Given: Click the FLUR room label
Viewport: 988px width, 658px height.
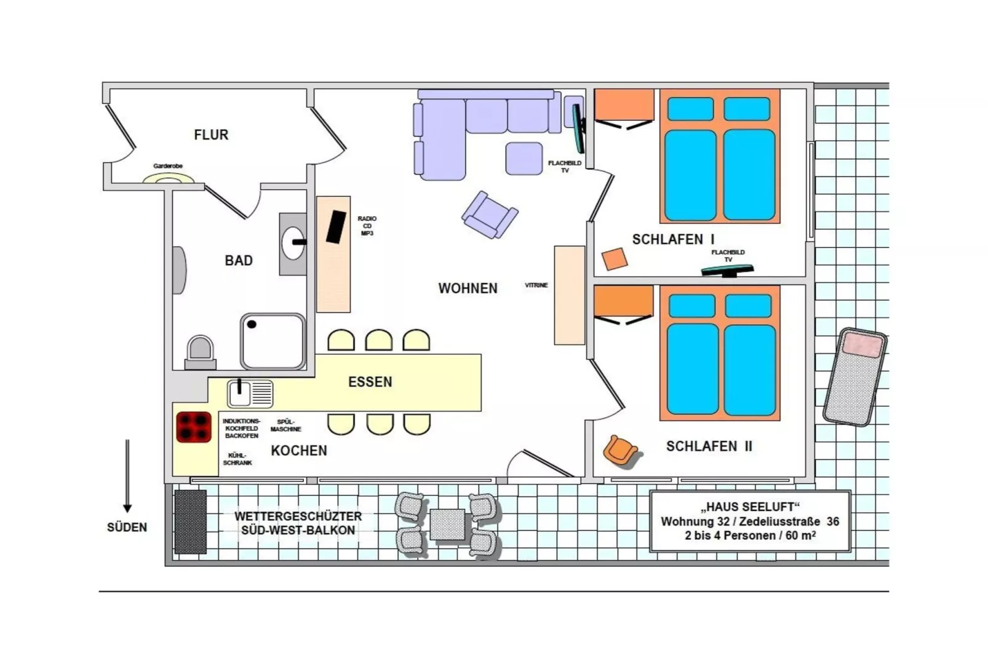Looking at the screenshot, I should point(211,135).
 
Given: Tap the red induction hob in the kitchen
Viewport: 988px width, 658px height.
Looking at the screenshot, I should point(194,427).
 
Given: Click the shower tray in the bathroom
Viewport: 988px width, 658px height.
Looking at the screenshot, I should point(273,341).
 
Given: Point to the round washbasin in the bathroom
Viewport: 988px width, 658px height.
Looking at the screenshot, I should point(293,243).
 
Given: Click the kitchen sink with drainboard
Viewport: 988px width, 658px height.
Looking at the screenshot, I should point(250,394).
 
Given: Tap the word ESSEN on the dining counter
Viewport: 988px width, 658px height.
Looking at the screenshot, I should point(370,382).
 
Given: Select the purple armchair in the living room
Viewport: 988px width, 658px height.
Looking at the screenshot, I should point(490,215).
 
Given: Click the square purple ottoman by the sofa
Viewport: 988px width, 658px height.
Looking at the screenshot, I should point(524,159).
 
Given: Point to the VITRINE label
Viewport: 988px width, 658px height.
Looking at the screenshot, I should point(536,285).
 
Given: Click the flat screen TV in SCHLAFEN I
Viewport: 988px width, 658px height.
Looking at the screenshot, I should point(728,270).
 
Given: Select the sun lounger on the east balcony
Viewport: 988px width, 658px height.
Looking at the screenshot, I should point(855,377).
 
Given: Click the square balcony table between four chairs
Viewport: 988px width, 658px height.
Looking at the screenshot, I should point(447,525).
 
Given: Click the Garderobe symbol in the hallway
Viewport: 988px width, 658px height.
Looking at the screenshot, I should point(169,178).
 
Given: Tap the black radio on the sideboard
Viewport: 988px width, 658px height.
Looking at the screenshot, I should point(336,227).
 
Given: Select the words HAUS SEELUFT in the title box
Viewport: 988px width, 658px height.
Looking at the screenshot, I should point(750,507).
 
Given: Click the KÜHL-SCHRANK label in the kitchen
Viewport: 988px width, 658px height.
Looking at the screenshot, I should point(237,459).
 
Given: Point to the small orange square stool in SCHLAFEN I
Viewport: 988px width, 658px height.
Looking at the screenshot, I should point(614,259).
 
